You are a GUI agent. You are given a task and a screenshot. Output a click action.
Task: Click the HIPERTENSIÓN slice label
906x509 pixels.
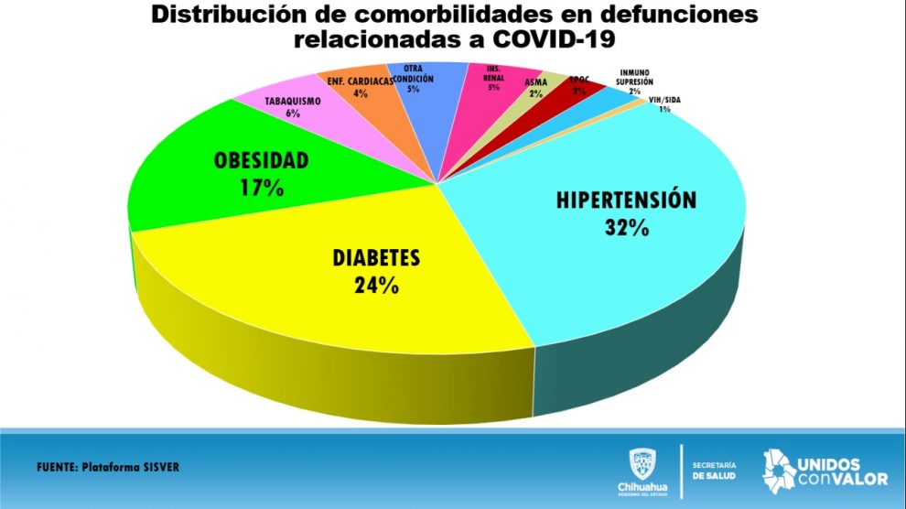click(x=627, y=200)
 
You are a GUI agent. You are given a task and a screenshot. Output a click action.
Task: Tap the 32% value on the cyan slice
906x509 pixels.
click(x=627, y=227)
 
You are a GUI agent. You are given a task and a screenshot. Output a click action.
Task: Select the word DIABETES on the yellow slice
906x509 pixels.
click(x=376, y=258)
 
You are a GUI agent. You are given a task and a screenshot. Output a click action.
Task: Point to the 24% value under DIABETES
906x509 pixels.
click(x=376, y=285)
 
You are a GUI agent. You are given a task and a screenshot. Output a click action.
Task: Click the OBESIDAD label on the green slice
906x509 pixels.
click(x=261, y=162)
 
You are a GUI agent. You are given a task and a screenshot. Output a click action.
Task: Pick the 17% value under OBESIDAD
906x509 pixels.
click(x=261, y=188)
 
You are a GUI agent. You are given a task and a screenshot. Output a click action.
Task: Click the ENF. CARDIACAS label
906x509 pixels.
click(x=360, y=81)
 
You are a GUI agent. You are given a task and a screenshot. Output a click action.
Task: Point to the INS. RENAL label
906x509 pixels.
click(x=493, y=74)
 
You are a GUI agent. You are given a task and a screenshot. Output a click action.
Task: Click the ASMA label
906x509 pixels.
click(x=536, y=82)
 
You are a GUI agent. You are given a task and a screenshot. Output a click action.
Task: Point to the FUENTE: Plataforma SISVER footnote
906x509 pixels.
click(x=108, y=467)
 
